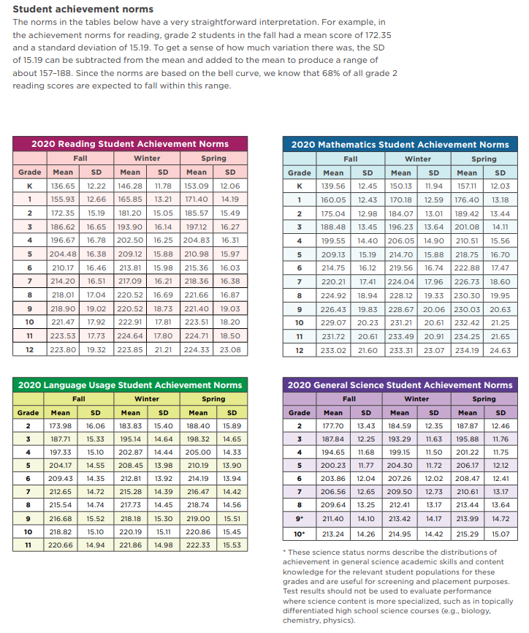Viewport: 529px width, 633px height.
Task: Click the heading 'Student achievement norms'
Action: pos(83,9)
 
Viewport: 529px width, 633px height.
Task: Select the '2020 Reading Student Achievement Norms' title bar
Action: pos(129,144)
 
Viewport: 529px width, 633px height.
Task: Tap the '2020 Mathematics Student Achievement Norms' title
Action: pos(400,144)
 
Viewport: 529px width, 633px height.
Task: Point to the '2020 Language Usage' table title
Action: pos(129,385)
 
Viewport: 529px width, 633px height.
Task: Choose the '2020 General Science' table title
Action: pos(400,385)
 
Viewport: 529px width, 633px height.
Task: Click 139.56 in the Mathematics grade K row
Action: pos(333,186)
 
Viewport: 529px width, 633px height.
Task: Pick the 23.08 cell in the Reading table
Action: pos(230,350)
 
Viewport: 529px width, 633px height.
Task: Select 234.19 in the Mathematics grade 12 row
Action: pos(468,350)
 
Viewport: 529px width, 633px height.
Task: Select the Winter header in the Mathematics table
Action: pos(417,159)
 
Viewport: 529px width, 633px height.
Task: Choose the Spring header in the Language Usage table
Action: pos(213,399)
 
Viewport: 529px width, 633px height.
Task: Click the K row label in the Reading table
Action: pos(30,186)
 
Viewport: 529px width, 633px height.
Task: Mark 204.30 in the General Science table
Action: pos(399,465)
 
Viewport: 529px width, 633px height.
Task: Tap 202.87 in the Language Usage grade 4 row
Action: pos(131,452)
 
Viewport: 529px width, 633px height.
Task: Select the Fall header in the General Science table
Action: pos(349,399)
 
